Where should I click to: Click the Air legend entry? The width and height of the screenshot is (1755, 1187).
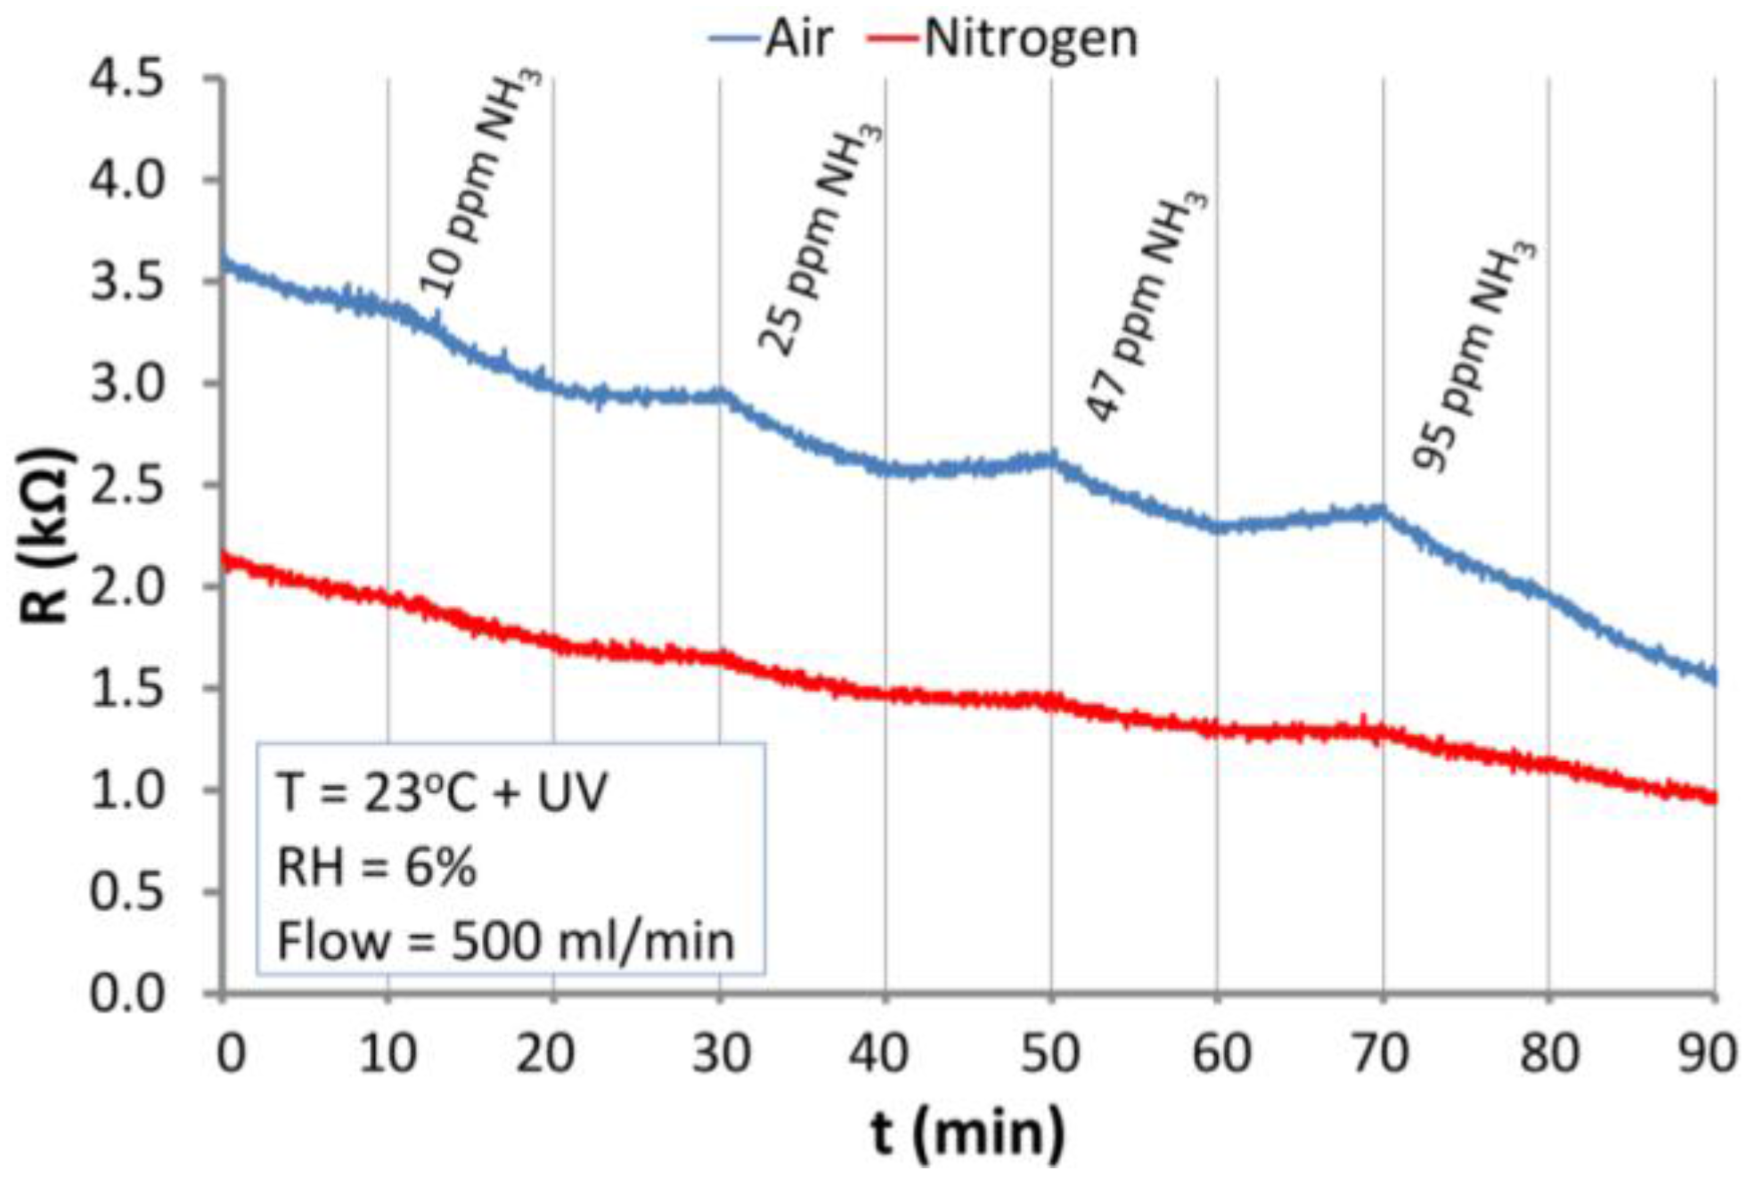(771, 39)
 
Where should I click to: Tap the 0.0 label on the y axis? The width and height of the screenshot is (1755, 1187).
(127, 994)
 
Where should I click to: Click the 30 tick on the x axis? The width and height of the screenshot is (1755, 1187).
(721, 1054)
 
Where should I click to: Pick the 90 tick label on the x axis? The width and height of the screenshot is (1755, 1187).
(1708, 1054)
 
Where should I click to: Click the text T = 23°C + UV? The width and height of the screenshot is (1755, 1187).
(442, 792)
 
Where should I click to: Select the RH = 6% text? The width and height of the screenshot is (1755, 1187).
(376, 867)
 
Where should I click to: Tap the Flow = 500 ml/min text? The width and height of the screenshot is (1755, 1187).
(505, 941)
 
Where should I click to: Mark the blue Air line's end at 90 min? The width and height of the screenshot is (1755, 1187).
(1713, 677)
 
